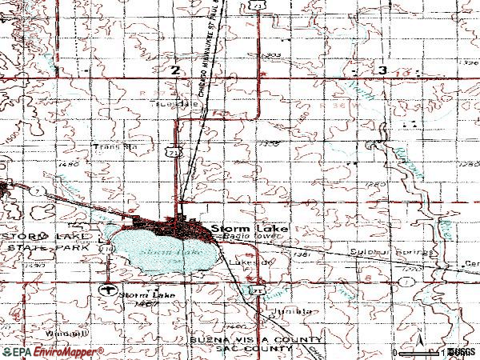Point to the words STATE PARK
click(26, 250)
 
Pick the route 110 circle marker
click(106, 250)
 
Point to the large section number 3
click(385, 71)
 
